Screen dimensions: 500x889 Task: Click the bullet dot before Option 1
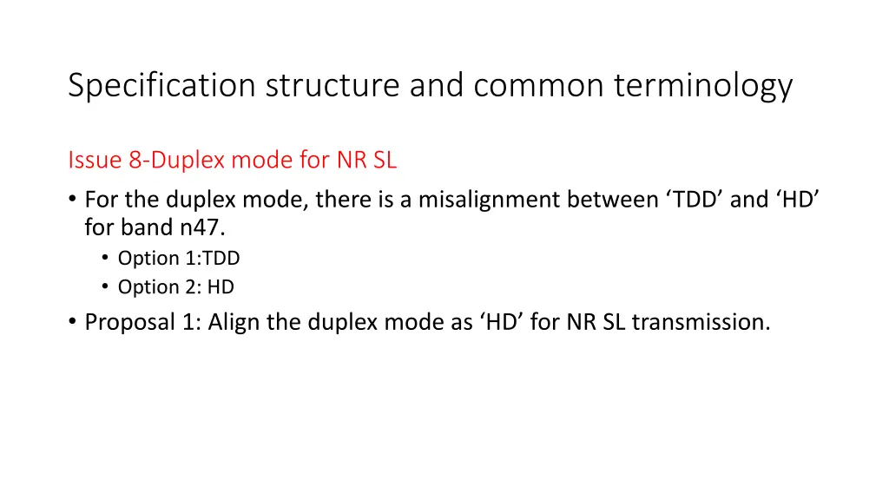(x=105, y=258)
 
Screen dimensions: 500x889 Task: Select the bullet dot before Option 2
(x=105, y=286)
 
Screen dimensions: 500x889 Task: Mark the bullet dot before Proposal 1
(x=72, y=322)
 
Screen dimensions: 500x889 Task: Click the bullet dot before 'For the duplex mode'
(x=72, y=200)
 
